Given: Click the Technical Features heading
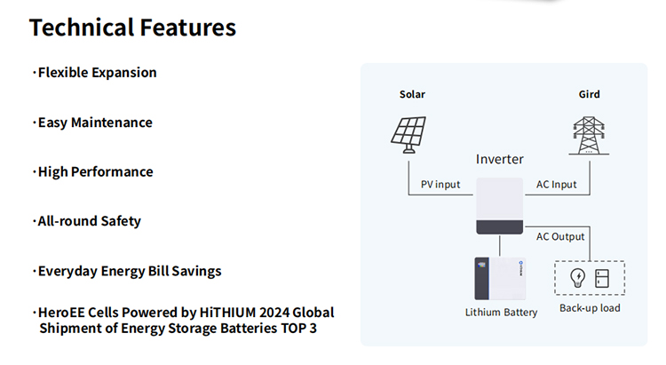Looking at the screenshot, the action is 132,28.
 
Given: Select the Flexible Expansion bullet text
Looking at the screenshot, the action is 98,73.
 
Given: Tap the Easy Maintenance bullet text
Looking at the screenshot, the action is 95,123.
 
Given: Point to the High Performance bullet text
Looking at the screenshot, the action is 96,171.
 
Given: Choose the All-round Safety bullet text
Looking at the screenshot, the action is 89,221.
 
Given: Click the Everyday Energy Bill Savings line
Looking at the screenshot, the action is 130,271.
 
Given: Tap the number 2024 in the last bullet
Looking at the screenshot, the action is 274,313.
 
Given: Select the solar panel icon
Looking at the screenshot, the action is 408,135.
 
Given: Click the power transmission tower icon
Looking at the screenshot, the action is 589,136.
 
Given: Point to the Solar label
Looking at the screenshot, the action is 412,94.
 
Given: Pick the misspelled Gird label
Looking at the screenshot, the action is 589,94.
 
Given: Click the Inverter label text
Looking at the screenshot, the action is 499,159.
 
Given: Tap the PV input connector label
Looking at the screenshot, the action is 440,185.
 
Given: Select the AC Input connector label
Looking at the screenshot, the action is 557,185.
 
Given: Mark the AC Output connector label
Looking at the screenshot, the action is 560,237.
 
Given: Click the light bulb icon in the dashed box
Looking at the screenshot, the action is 578,278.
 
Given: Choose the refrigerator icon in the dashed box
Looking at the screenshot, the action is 602,278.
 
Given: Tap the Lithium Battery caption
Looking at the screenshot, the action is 501,313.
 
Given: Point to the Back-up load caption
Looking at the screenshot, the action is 590,308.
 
